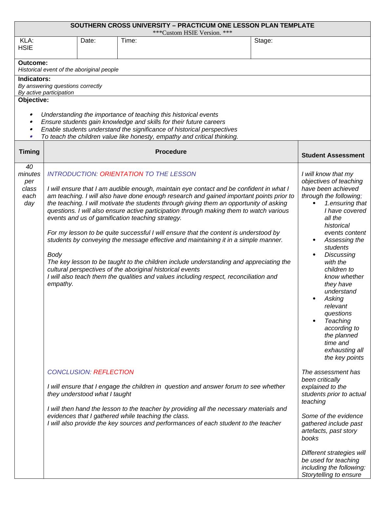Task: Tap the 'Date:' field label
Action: pyautogui.click(x=88, y=41)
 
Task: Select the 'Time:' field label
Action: pyautogui.click(x=129, y=41)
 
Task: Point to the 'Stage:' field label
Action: pyautogui.click(x=263, y=41)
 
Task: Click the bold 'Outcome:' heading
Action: pyautogui.click(x=33, y=63)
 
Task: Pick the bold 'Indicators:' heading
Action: pyautogui.click(x=34, y=79)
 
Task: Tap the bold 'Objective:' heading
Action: pyautogui.click(x=33, y=100)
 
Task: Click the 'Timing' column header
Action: pyautogui.click(x=29, y=152)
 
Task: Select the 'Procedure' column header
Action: pyautogui.click(x=171, y=152)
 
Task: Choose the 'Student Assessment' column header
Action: pyautogui.click(x=333, y=155)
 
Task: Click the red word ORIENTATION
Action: pyautogui.click(x=121, y=174)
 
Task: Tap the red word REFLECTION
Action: pyautogui.click(x=113, y=372)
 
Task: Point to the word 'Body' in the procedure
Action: pyautogui.click(x=54, y=255)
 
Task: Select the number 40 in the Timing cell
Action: pyautogui.click(x=29, y=167)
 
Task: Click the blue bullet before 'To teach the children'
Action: pyautogui.click(x=31, y=136)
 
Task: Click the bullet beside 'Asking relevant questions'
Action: pyautogui.click(x=314, y=299)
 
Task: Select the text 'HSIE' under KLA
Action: pyautogui.click(x=26, y=48)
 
